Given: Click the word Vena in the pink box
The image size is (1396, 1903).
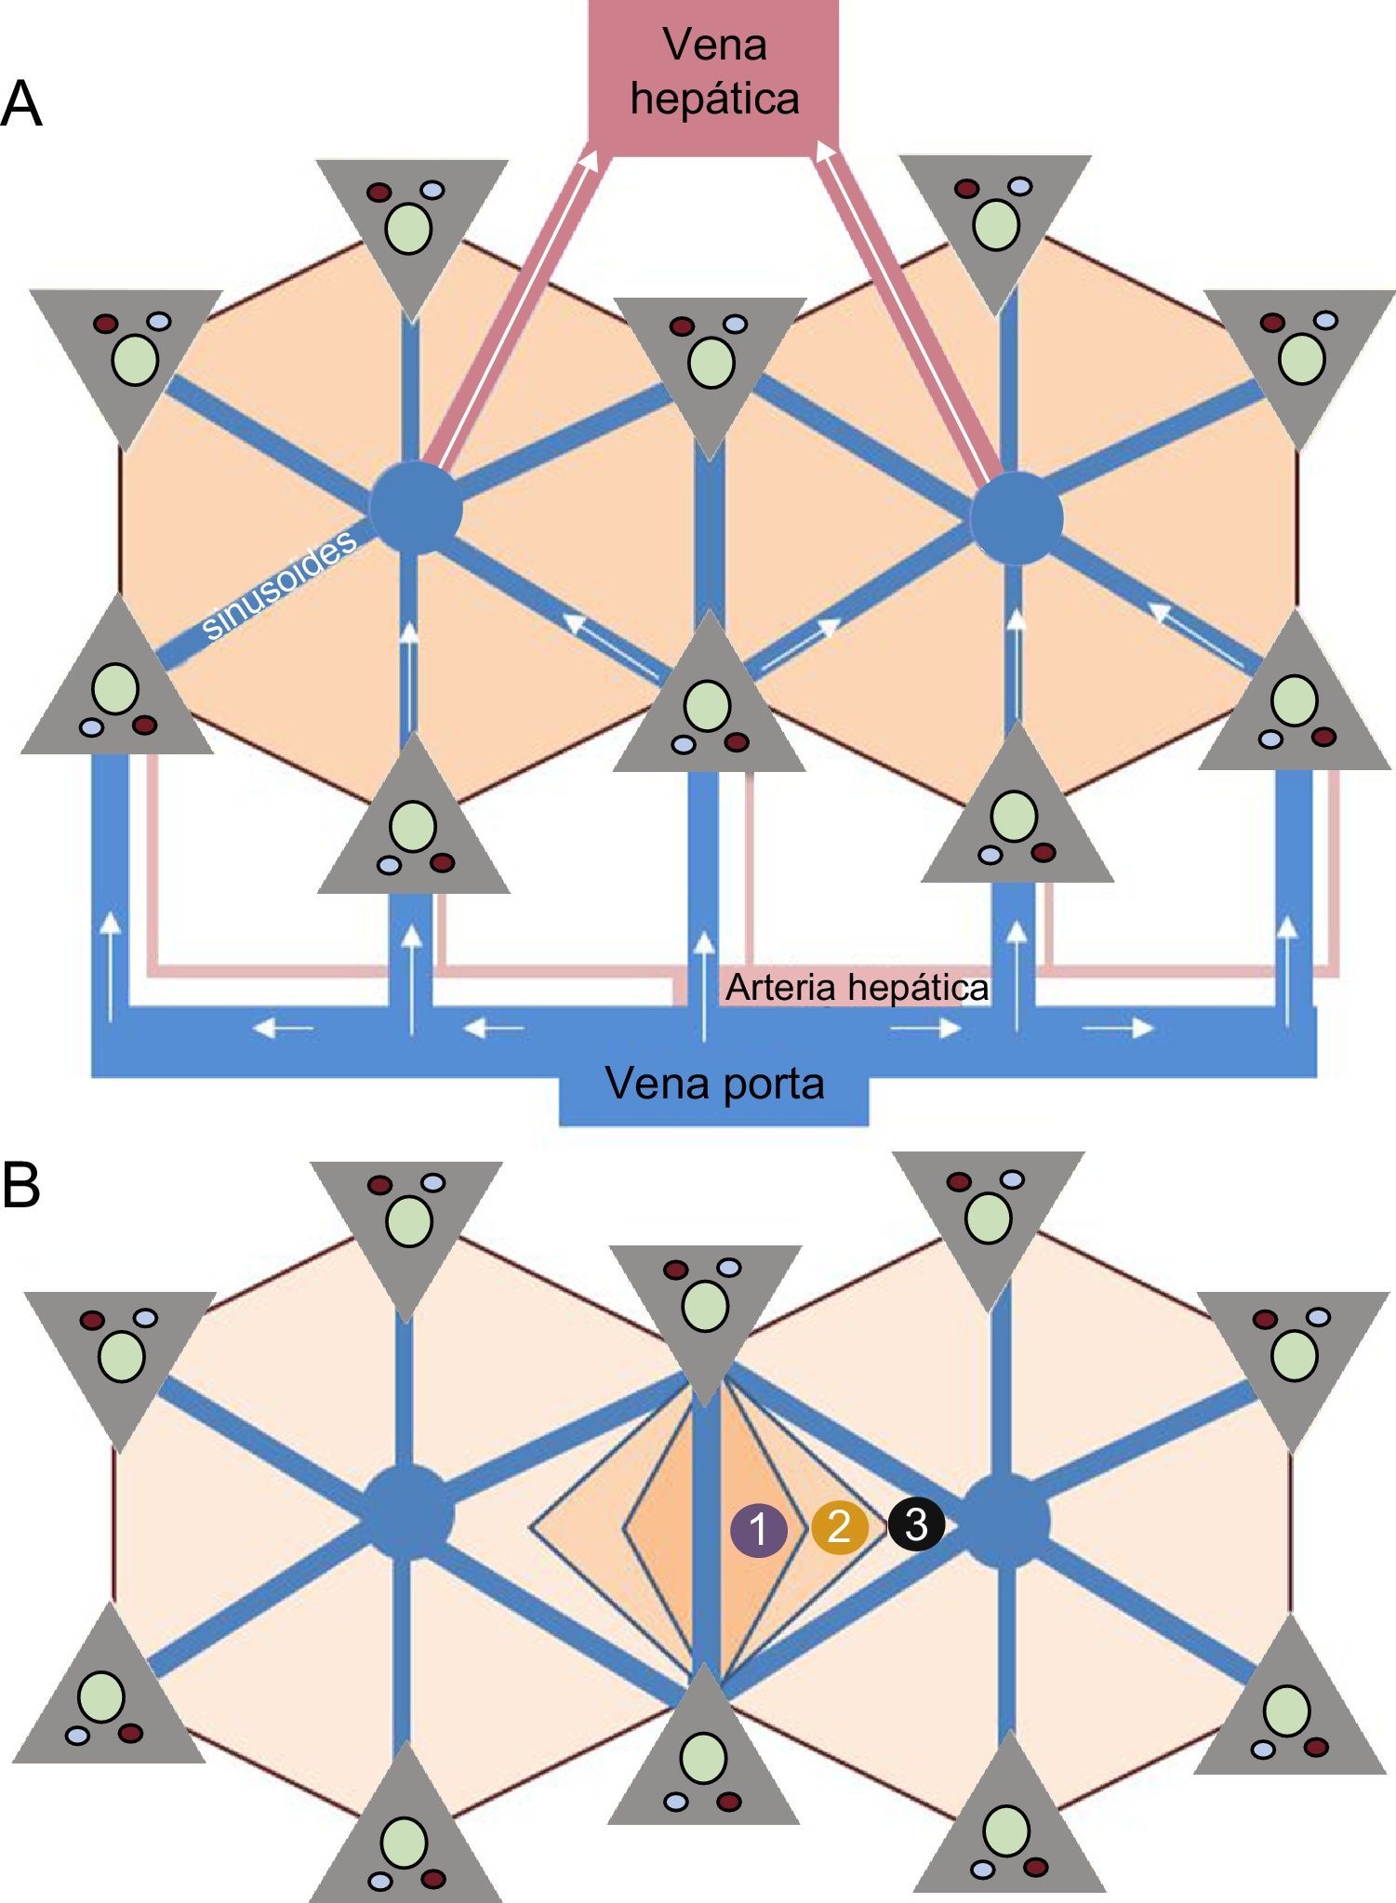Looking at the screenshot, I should (x=714, y=45).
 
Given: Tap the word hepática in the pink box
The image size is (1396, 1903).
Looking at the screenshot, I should (x=714, y=99).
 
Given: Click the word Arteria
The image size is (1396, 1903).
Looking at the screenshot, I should (x=779, y=988).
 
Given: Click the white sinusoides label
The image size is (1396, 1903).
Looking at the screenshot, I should (x=279, y=584).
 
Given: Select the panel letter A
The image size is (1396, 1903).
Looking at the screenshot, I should (x=21, y=105).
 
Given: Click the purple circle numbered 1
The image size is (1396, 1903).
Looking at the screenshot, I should (x=759, y=1528).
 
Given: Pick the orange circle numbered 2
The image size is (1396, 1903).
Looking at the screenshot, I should (x=839, y=1526).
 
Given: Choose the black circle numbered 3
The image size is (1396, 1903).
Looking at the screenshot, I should (x=916, y=1524).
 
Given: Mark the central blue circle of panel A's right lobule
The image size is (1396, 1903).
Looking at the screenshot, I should (x=1016, y=517).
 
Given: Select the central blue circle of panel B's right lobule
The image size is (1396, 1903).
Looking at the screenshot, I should (x=1004, y=1522).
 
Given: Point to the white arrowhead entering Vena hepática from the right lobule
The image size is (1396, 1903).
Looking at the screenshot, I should (x=822, y=150).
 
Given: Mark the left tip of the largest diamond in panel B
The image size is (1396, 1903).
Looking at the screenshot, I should (x=531, y=1526).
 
